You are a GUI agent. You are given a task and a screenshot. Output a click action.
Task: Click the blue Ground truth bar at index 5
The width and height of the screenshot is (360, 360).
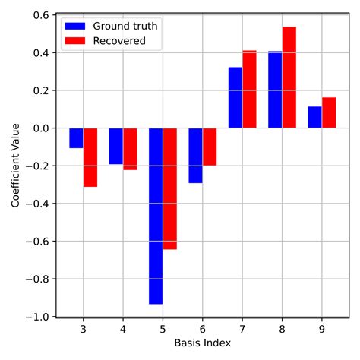pos(156,216)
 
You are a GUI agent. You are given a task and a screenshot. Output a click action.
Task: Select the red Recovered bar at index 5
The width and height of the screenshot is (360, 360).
pos(169,188)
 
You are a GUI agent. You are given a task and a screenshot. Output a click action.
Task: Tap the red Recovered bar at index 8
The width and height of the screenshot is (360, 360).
pos(289,77)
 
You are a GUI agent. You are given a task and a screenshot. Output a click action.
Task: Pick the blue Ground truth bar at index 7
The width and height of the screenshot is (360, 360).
pos(235,97)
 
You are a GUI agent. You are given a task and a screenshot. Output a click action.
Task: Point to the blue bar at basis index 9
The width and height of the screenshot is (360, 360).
pos(314,117)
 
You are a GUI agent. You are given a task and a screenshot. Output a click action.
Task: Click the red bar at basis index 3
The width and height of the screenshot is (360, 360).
pos(90,157)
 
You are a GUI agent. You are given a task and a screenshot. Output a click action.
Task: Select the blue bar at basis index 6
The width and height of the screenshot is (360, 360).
pos(195,155)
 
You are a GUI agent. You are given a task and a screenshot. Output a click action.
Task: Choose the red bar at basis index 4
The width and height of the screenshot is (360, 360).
pos(130,149)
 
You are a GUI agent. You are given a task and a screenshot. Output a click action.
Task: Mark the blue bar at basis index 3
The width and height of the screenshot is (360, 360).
pos(76,137)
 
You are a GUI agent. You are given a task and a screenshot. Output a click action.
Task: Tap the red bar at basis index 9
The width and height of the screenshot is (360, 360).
pos(329,112)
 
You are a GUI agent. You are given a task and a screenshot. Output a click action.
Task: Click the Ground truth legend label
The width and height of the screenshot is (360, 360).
pos(125,26)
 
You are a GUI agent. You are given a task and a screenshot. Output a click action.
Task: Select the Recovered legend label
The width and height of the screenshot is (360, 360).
pos(119,40)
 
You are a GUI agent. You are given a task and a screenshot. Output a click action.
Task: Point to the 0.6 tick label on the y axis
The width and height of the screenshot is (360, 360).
pos(41,15)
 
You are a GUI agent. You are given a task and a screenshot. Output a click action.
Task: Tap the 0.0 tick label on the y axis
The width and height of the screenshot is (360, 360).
pos(41,128)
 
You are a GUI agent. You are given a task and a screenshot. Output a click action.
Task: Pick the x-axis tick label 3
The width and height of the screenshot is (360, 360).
pos(83,330)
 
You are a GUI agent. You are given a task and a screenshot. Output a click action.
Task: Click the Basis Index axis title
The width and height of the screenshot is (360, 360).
pos(202,344)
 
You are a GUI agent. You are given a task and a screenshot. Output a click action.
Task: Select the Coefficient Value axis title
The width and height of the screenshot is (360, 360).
pos(15,166)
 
